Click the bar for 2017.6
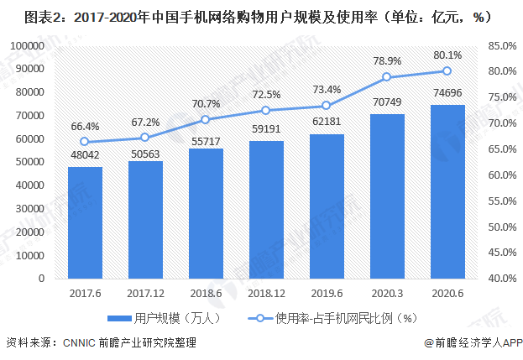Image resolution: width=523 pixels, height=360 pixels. tap(85, 222)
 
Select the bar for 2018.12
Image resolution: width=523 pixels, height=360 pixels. tap(266, 209)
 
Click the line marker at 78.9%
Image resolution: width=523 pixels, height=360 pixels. tap(387, 77)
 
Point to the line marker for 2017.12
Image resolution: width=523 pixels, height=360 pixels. tap(145, 138)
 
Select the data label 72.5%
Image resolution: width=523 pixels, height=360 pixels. tap(266, 94)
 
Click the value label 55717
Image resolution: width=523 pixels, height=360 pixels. tap(206, 137)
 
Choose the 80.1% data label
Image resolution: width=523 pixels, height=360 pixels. tap(447, 55)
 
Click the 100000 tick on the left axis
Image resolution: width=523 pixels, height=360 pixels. tap(27, 45)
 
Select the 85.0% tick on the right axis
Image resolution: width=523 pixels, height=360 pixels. tap(500, 45)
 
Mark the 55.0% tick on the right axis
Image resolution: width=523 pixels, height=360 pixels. tap(500, 201)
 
